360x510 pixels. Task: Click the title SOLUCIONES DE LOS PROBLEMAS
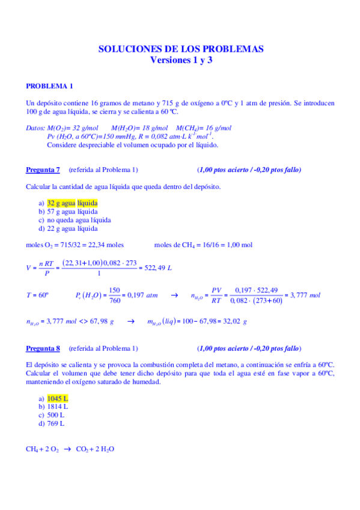(181, 49)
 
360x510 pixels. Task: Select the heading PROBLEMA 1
(50, 85)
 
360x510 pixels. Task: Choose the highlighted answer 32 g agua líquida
(72, 203)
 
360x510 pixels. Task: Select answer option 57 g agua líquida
(72, 212)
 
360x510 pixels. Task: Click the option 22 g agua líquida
(72, 228)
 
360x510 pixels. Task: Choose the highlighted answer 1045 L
(58, 398)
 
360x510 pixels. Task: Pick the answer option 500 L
(55, 415)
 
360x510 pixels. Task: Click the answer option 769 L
(55, 423)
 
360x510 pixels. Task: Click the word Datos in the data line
(36, 128)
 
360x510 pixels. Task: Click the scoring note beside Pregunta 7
(249, 170)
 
